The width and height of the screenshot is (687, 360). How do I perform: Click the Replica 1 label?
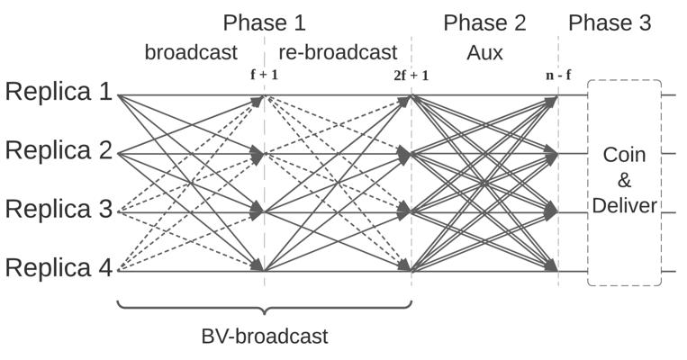coord(59,92)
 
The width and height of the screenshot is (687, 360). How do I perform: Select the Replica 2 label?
coord(59,150)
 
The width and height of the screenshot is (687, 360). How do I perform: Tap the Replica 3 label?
coord(59,209)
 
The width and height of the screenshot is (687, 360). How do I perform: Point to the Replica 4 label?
coord(59,267)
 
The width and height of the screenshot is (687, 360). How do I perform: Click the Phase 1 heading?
coord(264,22)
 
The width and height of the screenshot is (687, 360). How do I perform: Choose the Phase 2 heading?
coord(484,22)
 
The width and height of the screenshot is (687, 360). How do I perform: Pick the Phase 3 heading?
coord(610,22)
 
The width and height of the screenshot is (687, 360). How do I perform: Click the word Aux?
coord(484,53)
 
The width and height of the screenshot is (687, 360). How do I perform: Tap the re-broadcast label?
coord(338,52)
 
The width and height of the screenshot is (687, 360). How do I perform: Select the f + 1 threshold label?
coord(264,75)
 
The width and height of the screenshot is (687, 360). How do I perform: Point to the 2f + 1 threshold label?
coord(411,76)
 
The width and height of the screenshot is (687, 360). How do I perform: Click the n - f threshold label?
coord(558,75)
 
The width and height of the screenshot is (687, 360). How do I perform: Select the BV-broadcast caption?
coord(265,337)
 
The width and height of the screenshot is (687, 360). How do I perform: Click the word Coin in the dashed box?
coord(624,155)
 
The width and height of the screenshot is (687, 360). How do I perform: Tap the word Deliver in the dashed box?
coord(624,205)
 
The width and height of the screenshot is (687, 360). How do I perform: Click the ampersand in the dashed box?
coord(624,180)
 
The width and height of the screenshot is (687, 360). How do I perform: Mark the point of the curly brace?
coord(264,314)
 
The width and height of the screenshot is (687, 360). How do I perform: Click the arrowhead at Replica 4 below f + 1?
coord(258,265)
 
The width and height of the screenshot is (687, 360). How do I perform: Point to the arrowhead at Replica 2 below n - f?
coord(551,154)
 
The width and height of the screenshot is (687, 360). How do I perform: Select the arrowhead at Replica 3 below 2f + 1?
coord(403,212)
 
